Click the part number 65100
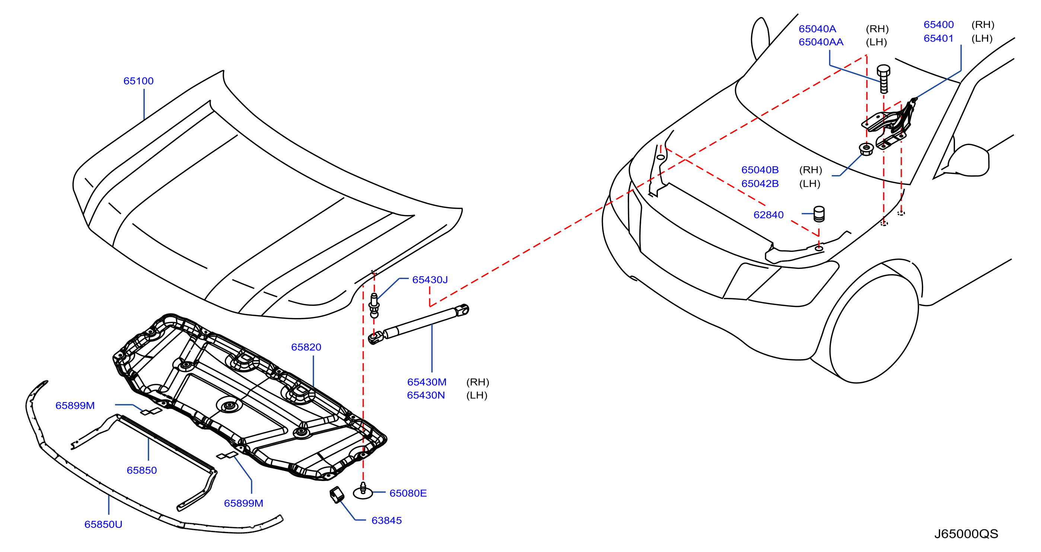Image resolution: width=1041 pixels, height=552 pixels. click(138, 81)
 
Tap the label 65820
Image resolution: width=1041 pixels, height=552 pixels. click(306, 347)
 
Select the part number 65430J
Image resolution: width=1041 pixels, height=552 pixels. click(430, 279)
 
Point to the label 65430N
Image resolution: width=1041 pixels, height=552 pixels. click(426, 395)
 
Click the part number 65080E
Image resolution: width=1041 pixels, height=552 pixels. click(408, 493)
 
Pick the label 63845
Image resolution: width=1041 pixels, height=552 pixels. click(386, 520)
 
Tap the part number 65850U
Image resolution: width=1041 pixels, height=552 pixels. click(103, 524)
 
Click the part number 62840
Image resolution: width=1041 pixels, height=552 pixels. click(768, 215)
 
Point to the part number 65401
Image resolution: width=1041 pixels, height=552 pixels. click(938, 38)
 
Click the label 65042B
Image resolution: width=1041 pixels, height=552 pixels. click(760, 183)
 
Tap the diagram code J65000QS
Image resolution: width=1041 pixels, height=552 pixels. click(966, 534)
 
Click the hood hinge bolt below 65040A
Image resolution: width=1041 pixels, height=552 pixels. click(884, 79)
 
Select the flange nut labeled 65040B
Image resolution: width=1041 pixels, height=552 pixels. click(866, 149)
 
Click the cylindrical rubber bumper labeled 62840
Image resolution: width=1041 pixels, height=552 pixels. click(819, 214)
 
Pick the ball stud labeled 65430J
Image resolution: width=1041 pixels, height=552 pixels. click(374, 305)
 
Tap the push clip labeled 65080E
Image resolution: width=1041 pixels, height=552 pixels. click(363, 491)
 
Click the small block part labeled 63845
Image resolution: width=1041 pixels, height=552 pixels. click(337, 495)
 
